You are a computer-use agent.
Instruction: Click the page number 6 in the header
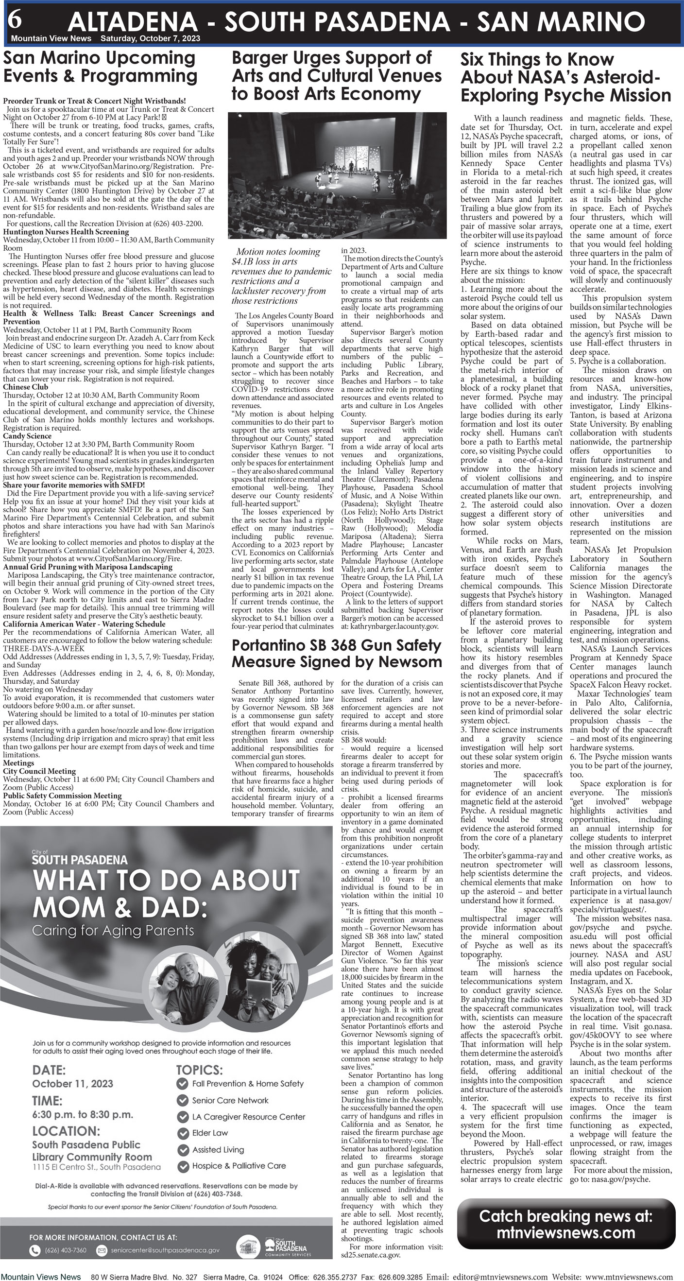(15, 20)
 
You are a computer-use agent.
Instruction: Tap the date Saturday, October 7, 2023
(150, 39)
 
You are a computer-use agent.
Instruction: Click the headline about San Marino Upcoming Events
(100, 67)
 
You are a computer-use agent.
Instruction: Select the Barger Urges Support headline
(337, 76)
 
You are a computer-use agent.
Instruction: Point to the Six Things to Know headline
(565, 77)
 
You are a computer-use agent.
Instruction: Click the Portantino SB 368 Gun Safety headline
(337, 654)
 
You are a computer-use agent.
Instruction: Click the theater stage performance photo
(336, 175)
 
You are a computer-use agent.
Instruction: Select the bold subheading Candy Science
(27, 436)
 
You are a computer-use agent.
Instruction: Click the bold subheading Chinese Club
(25, 387)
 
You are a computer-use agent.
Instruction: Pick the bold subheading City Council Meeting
(39, 771)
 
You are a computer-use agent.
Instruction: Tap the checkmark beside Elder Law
(183, 1133)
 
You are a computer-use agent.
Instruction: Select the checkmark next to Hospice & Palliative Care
(183, 1166)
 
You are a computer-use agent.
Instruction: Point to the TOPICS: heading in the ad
(199, 1070)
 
